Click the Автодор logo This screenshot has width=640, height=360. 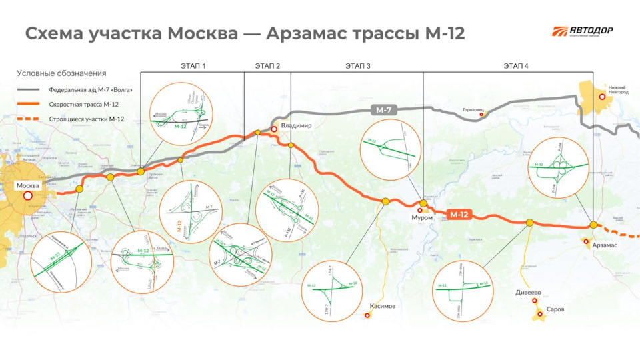tap(582, 32)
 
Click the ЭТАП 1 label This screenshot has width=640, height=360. tap(193, 65)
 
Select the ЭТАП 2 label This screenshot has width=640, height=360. tap(267, 65)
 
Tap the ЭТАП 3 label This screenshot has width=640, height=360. tap(358, 65)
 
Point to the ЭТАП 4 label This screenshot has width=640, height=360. tap(516, 65)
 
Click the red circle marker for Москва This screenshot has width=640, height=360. tap(28, 196)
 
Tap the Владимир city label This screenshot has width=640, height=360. tap(297, 126)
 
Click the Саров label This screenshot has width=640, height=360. tap(555, 310)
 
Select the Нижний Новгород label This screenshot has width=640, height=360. tap(618, 89)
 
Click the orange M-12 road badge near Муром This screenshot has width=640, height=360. tap(459, 215)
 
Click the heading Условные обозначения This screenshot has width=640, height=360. tap(61, 73)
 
